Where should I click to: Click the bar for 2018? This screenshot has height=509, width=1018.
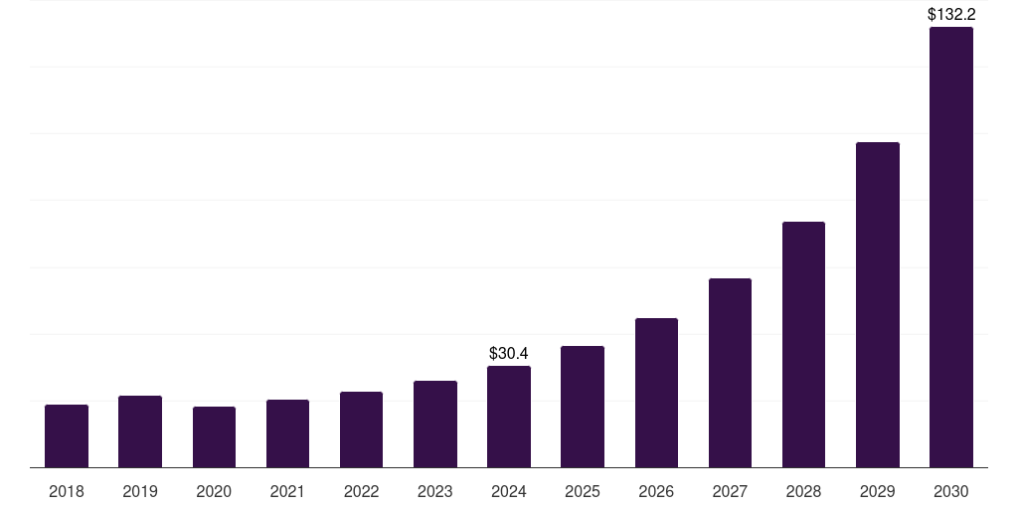click(x=67, y=435)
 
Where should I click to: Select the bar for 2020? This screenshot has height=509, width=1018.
click(x=214, y=436)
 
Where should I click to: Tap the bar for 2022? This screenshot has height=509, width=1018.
click(x=361, y=429)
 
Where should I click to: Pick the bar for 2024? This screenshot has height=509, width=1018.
click(x=509, y=417)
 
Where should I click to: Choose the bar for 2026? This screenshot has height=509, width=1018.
click(x=656, y=393)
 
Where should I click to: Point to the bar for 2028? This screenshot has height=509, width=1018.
click(x=803, y=344)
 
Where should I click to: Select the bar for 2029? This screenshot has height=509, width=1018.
click(x=878, y=304)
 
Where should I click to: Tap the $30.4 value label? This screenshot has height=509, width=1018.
click(x=509, y=353)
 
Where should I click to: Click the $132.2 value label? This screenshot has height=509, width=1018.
click(x=951, y=14)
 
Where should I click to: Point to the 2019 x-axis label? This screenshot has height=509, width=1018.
click(x=140, y=491)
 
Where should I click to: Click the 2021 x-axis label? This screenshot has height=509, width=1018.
click(x=287, y=491)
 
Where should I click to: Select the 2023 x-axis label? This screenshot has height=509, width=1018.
click(x=435, y=491)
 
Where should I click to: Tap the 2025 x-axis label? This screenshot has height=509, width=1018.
click(x=583, y=491)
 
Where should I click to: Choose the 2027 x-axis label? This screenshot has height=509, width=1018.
click(x=730, y=491)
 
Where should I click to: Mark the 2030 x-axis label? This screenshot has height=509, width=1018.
click(x=951, y=491)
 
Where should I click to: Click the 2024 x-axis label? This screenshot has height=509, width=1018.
click(x=509, y=491)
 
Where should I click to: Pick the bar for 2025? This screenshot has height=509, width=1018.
click(x=583, y=407)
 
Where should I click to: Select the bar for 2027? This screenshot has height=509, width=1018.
click(x=730, y=373)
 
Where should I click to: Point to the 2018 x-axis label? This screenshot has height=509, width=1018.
click(x=67, y=491)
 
